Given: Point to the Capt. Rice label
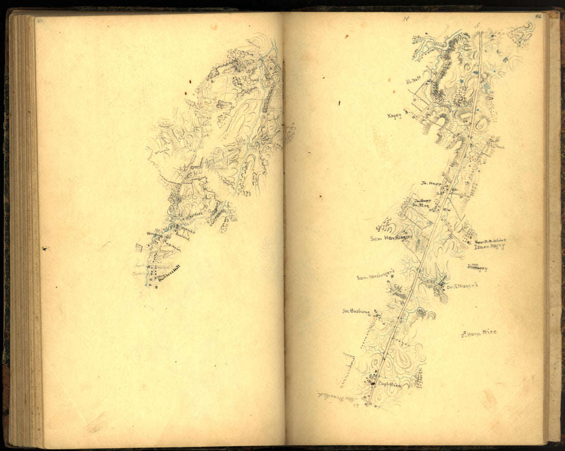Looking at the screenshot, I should (x=388, y=384).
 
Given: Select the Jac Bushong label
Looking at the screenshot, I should (x=356, y=311).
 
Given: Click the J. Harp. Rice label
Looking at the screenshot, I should (x=479, y=333).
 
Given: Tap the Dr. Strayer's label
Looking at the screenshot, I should (x=462, y=286).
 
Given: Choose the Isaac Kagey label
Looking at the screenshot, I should (x=489, y=246).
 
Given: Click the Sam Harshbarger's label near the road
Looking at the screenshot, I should (x=375, y=277).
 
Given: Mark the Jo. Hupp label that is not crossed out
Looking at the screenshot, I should (x=431, y=183).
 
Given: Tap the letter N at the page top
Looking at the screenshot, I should (x=406, y=20).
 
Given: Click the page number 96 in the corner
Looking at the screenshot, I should (x=538, y=17).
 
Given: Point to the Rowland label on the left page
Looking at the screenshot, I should (x=182, y=238).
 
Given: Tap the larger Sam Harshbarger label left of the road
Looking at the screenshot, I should (x=391, y=238).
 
